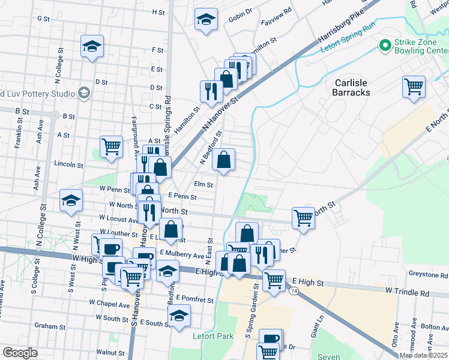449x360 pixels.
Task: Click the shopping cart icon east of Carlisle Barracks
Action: point(414,86)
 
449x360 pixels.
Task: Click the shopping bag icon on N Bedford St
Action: point(223,160)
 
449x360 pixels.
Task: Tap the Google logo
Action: point(20,353)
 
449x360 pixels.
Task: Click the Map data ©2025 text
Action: point(423,355)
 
